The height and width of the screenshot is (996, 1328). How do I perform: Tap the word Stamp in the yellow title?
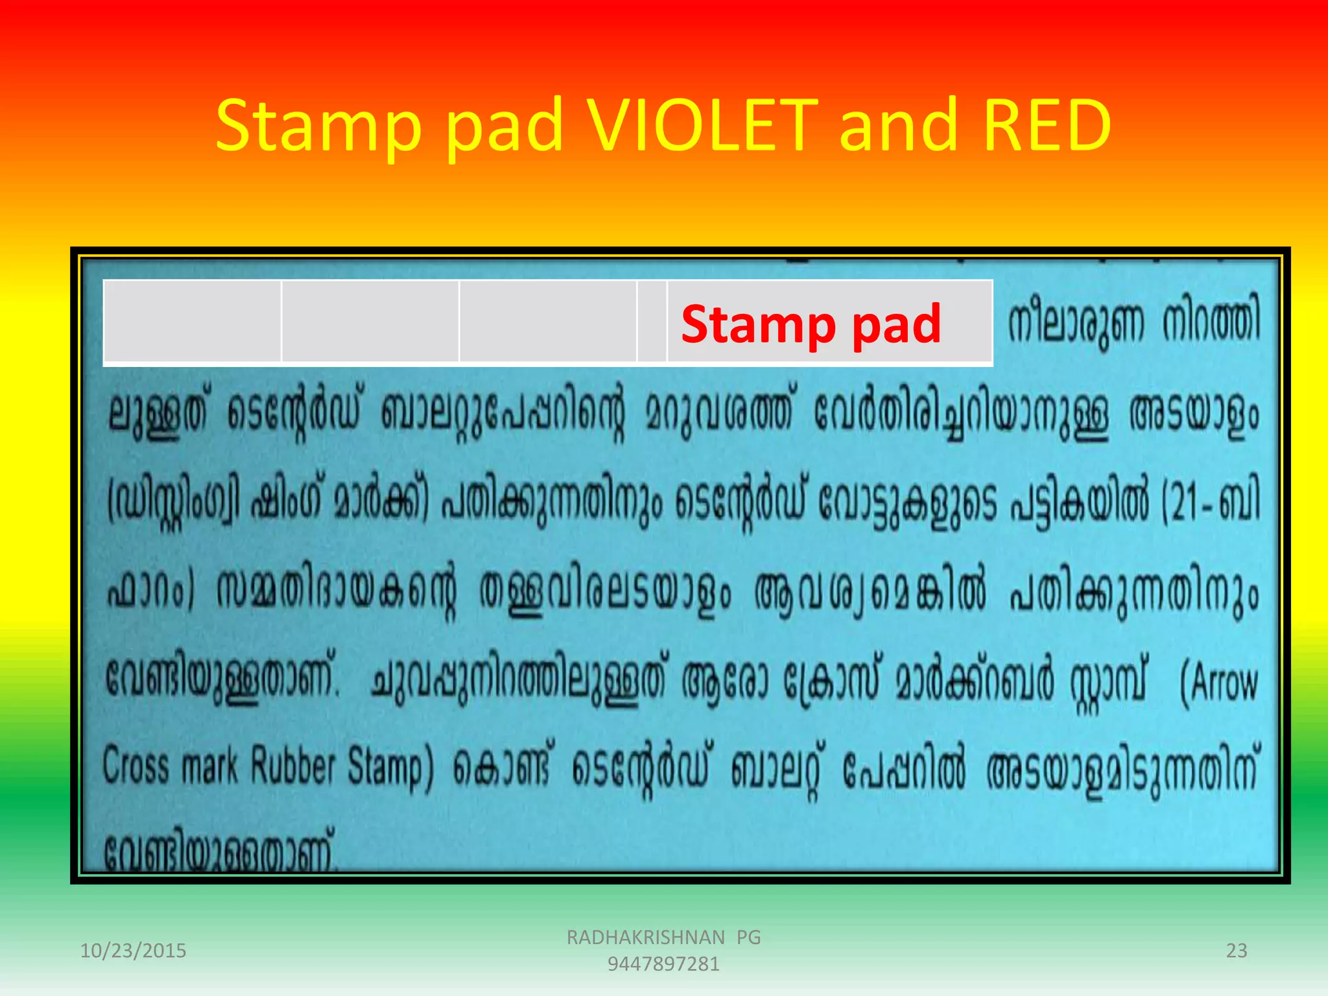tap(318, 126)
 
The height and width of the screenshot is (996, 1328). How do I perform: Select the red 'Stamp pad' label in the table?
tap(811, 324)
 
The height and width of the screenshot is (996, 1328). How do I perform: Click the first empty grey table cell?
tap(193, 321)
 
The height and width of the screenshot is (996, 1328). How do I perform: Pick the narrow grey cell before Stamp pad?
tap(652, 321)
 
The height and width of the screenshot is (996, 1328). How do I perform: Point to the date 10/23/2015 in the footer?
tap(133, 951)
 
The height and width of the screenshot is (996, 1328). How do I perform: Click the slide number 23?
tap(1236, 951)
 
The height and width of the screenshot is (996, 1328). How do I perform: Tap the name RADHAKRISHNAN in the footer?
tap(645, 937)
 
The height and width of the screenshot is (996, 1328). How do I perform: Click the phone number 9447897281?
tap(663, 964)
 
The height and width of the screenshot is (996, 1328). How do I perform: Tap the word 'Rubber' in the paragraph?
tap(292, 766)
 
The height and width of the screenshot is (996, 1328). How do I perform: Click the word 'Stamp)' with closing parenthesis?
tap(390, 769)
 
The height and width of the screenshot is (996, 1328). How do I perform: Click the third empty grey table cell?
tap(548, 321)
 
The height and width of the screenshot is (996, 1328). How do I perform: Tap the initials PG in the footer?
tap(748, 937)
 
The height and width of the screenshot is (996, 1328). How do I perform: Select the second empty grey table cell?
tap(370, 321)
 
